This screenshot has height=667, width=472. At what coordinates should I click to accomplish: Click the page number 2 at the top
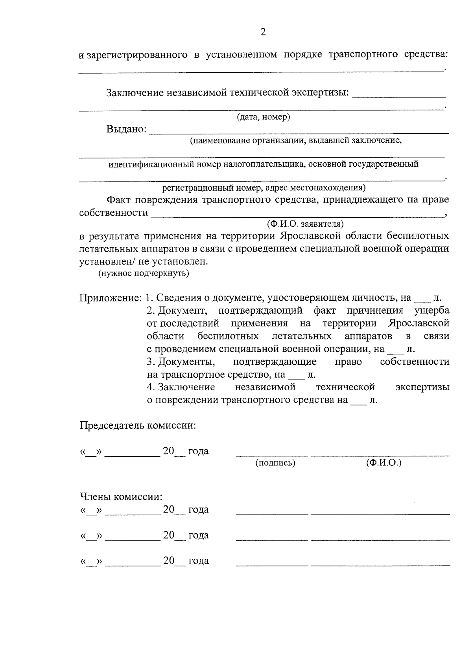(x=263, y=32)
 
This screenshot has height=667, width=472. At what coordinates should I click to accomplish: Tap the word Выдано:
(x=126, y=129)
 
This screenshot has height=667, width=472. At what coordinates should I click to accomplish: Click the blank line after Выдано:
(x=299, y=132)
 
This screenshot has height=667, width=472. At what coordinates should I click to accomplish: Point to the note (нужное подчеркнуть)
(x=144, y=273)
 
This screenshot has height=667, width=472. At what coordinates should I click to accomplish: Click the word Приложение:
(x=111, y=298)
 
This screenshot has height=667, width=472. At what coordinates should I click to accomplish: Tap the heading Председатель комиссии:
(x=138, y=426)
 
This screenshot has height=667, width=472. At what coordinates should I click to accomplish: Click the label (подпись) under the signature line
(x=275, y=463)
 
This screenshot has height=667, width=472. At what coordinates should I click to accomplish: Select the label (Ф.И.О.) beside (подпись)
(x=383, y=463)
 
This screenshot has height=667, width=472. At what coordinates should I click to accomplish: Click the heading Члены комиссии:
(x=121, y=497)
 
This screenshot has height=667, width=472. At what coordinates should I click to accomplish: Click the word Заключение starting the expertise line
(x=135, y=93)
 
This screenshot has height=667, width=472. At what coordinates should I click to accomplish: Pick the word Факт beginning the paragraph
(x=118, y=200)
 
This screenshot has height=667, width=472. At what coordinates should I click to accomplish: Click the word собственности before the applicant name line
(x=114, y=213)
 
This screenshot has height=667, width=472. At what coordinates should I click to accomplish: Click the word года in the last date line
(x=199, y=561)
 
